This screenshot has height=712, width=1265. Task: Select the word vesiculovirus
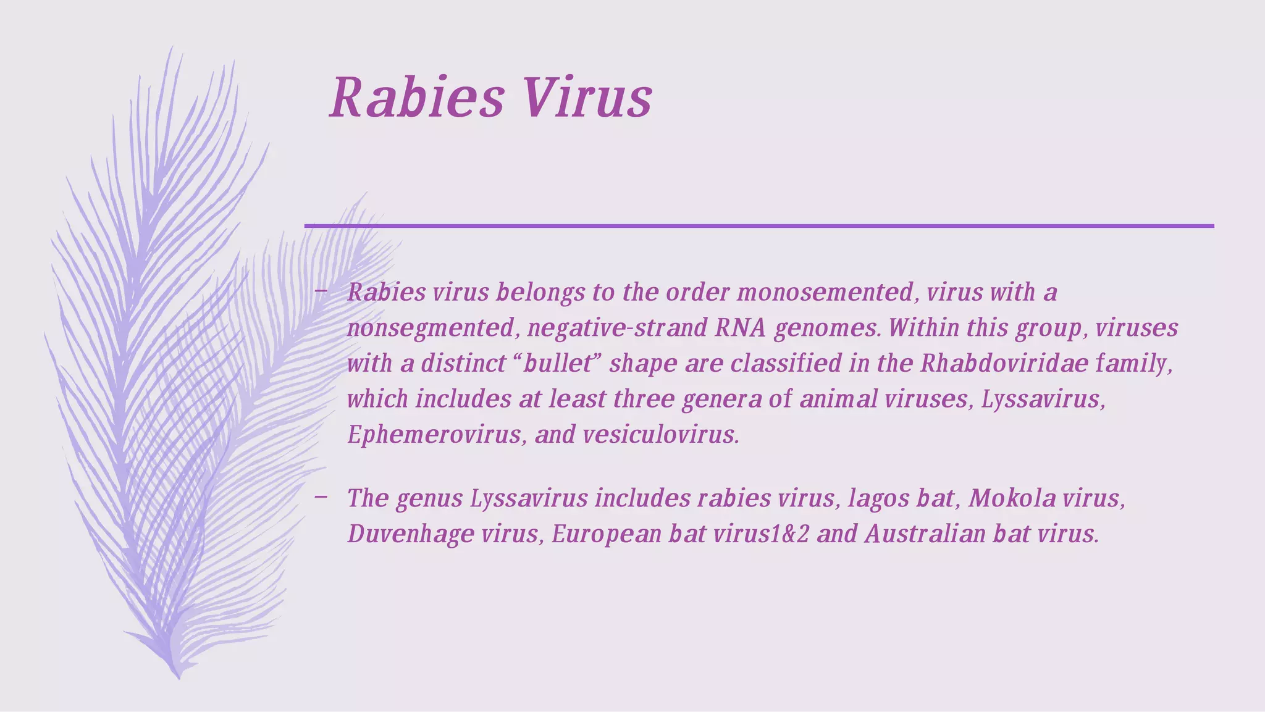click(x=660, y=435)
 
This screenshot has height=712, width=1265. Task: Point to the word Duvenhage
click(x=410, y=534)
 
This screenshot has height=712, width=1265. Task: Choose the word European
click(x=607, y=534)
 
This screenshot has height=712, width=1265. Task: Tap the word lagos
click(x=878, y=498)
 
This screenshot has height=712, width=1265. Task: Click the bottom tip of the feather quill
click(x=179, y=677)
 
